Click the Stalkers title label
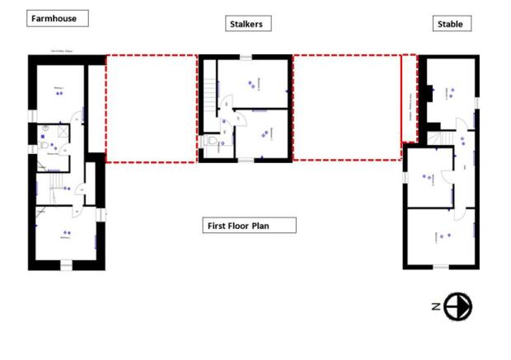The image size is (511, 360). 245,24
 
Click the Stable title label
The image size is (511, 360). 452,24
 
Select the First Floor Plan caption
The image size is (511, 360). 249,225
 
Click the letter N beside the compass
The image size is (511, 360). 434,306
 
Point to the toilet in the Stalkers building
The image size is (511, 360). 213,143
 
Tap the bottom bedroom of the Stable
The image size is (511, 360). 441,236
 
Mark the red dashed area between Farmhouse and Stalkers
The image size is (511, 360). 151,108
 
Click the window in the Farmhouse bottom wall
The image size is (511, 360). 64,264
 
